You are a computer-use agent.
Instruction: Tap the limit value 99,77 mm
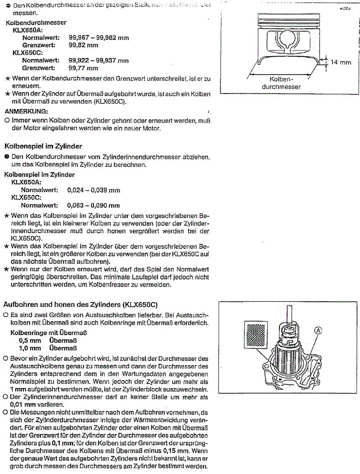click(83, 68)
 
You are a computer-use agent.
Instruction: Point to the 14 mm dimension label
click(340, 62)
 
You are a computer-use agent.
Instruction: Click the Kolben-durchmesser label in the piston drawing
click(281, 83)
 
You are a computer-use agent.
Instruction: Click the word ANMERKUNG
click(26, 111)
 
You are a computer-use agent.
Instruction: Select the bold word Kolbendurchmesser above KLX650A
click(36, 22)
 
